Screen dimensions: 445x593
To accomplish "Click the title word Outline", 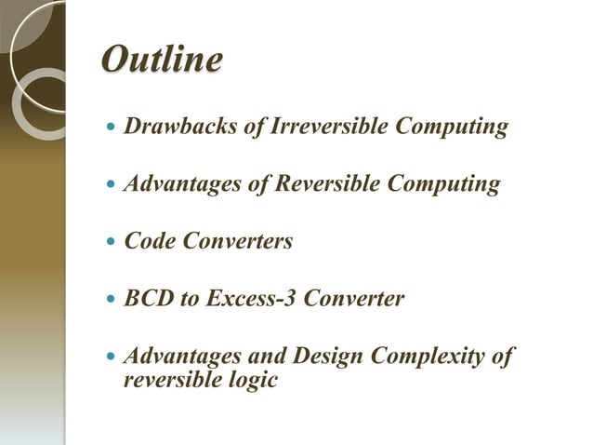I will [x=161, y=61].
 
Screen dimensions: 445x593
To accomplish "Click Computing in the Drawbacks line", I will [x=453, y=127].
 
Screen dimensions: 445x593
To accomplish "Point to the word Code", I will [x=150, y=242].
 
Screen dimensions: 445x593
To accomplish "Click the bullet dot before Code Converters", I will [x=112, y=242].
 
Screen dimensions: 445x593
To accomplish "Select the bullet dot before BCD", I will [x=112, y=300].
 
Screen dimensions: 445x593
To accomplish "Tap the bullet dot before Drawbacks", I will [x=112, y=128].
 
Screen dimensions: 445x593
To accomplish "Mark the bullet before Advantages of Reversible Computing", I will [x=112, y=185].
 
